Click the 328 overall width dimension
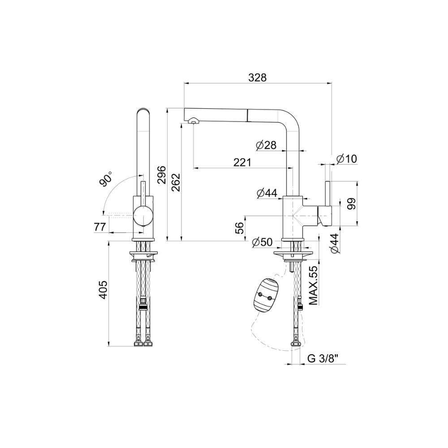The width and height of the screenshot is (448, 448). (257, 78)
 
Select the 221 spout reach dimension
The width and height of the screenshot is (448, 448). (242, 162)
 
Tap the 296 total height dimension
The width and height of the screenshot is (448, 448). (162, 175)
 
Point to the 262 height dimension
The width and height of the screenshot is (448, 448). (176, 183)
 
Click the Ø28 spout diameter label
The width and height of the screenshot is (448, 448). (266, 145)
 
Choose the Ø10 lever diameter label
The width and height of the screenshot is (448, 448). (347, 159)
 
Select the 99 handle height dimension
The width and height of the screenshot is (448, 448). (352, 204)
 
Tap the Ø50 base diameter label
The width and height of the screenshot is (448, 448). (262, 242)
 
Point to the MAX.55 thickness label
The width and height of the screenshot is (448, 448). (314, 285)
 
